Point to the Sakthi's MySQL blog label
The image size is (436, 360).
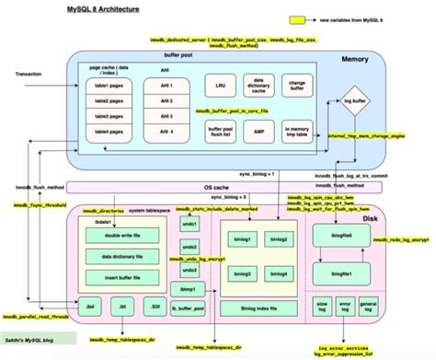(x=31, y=341)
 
